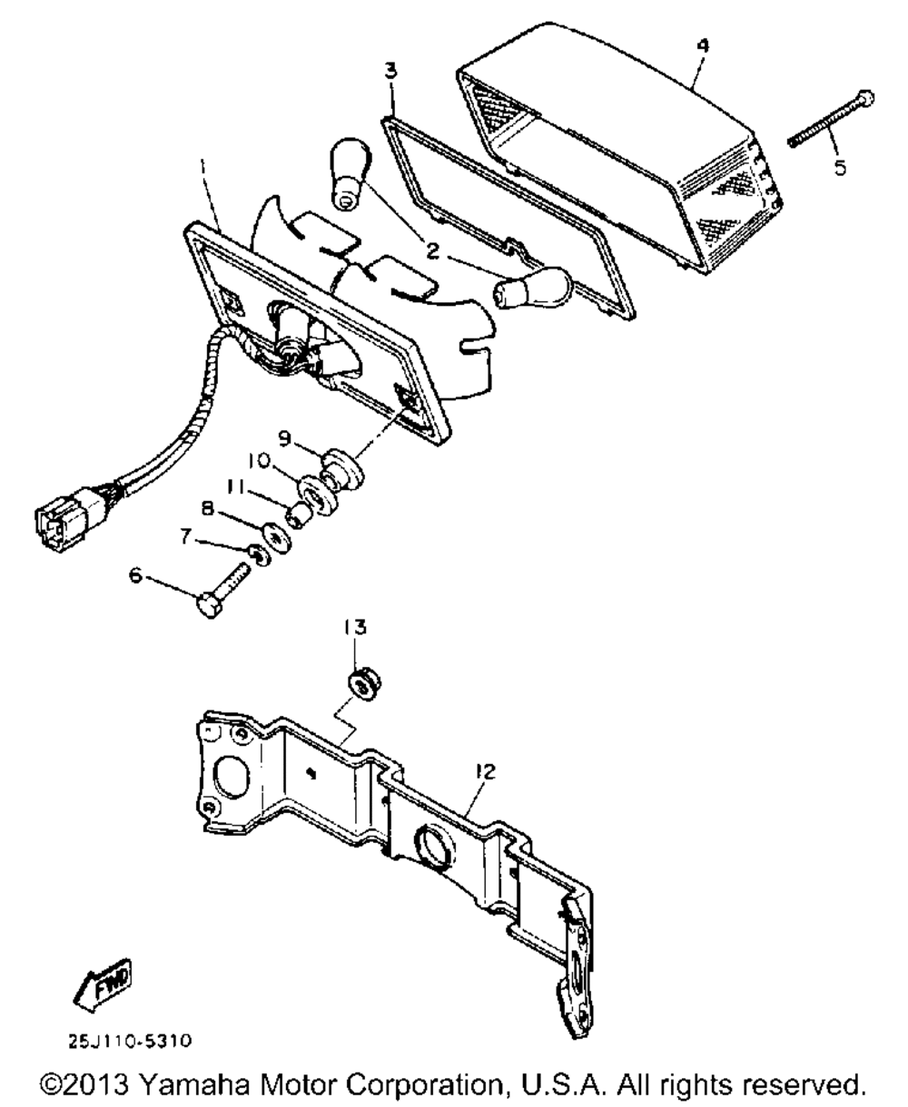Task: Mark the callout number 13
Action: click(355, 627)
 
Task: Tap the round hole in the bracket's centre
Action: click(434, 847)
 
